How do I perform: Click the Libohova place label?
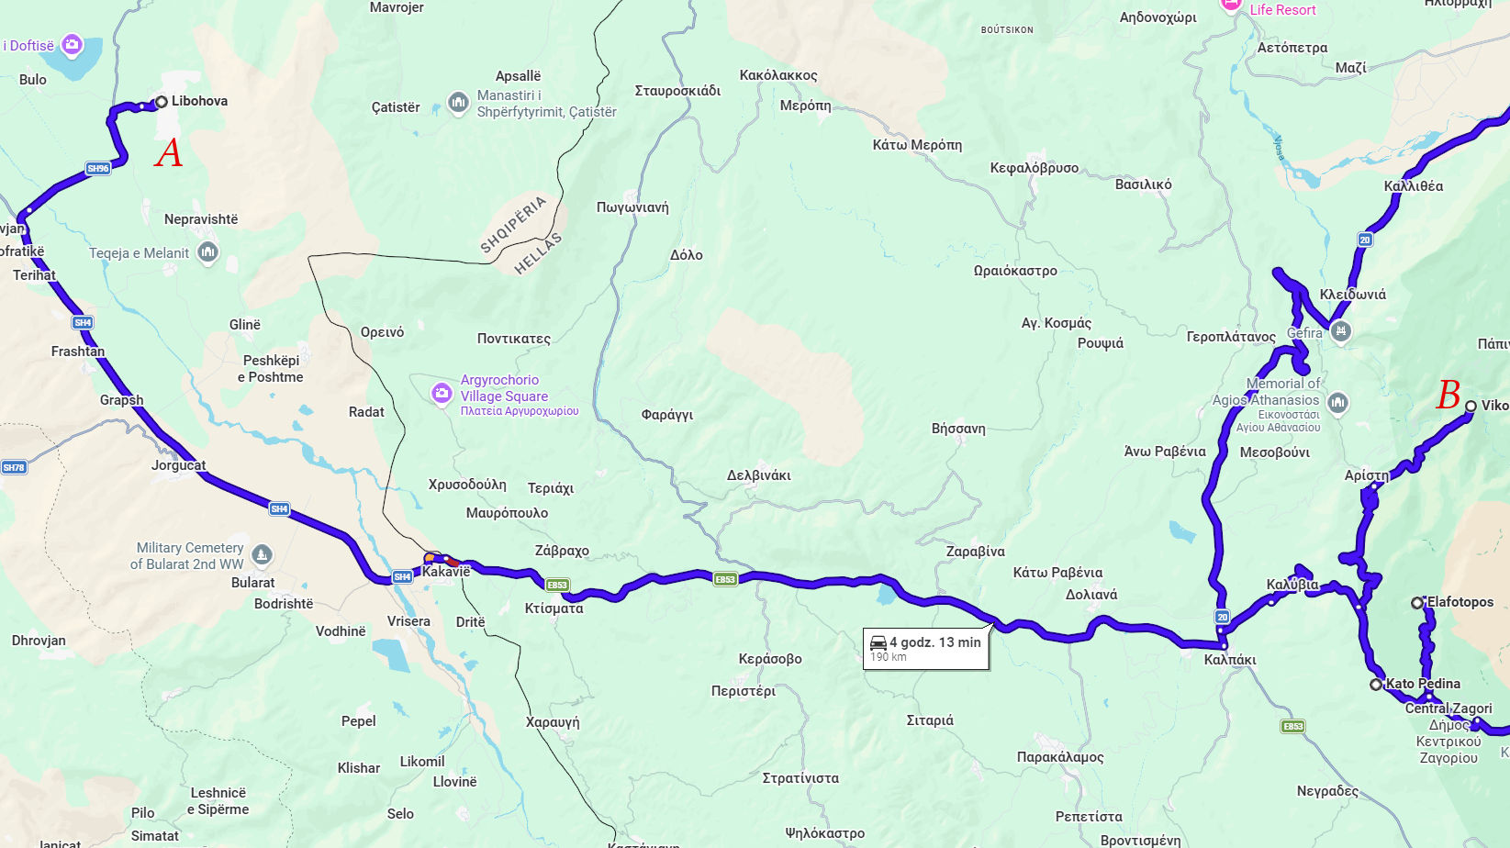click(x=199, y=101)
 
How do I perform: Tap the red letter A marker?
click(x=169, y=153)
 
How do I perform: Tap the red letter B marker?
click(x=1448, y=396)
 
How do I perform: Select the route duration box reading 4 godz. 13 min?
click(x=926, y=649)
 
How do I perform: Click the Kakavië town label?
click(x=446, y=572)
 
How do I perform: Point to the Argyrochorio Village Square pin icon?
click(x=442, y=394)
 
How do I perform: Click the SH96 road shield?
click(x=98, y=168)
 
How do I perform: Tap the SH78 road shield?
click(x=14, y=467)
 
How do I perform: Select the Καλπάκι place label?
click(x=1229, y=660)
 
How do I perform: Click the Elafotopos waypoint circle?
click(x=1417, y=603)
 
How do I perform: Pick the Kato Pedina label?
click(x=1423, y=684)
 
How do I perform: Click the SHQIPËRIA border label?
click(x=512, y=224)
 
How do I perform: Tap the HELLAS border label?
click(x=538, y=254)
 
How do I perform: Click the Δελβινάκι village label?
click(x=758, y=475)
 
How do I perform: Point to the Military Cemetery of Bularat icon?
click(x=263, y=554)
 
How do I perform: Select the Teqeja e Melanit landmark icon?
click(x=208, y=252)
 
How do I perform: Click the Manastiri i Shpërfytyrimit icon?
click(x=458, y=103)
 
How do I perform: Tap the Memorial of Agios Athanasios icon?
click(x=1337, y=402)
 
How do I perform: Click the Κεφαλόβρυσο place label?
click(x=1034, y=168)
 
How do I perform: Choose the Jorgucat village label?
click(x=178, y=465)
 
